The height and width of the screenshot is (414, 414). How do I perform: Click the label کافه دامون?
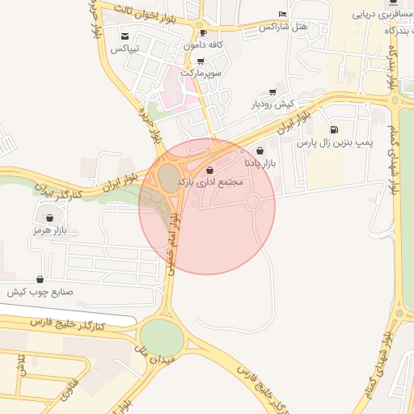point(203,45)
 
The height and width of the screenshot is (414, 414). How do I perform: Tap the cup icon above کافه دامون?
point(202,33)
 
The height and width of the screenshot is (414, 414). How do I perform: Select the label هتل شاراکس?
point(284,27)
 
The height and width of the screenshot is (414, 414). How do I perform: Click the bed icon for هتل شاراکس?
point(281,15)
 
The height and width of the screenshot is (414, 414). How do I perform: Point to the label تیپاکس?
point(125,49)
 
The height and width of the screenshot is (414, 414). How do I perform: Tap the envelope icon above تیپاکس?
point(125,36)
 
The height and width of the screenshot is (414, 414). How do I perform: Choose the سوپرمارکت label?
point(201,72)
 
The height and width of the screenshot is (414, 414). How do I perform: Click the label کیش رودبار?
point(272,104)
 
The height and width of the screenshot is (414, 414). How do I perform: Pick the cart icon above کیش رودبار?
point(272,92)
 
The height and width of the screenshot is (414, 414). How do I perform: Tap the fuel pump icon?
point(334,130)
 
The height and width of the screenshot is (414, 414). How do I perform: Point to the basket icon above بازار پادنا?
point(260,150)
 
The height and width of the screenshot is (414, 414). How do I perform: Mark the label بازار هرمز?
point(48,230)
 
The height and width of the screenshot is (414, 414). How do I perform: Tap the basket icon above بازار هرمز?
point(49,218)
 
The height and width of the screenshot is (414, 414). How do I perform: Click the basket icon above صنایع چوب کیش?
point(40,279)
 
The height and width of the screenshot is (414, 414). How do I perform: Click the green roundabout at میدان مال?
point(163,337)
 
